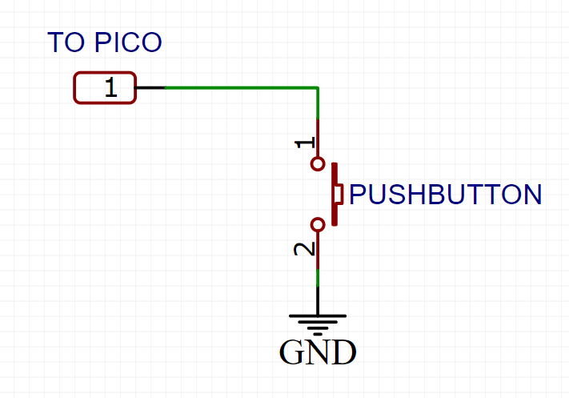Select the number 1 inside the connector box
(110, 88)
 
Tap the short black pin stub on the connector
(150, 87)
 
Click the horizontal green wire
(240, 87)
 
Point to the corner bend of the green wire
(318, 88)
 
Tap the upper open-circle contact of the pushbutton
(318, 164)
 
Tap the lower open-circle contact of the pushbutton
(318, 224)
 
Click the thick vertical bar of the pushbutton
(333, 194)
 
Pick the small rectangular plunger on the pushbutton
(339, 194)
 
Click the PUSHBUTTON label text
(446, 195)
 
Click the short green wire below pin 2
(318, 276)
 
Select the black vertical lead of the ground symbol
(318, 300)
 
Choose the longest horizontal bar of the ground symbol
(318, 316)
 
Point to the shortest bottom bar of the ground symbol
(318, 330)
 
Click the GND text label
(318, 352)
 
